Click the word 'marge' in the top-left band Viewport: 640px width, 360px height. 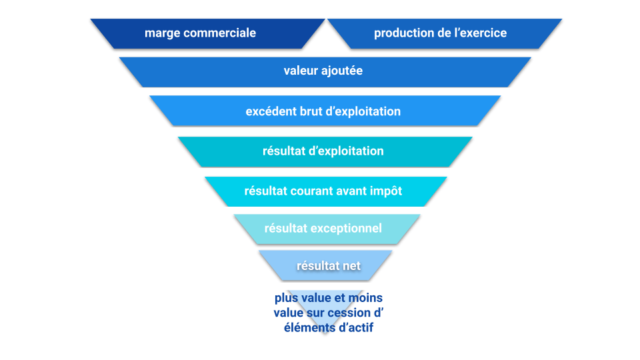161,33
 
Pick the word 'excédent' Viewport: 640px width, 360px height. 271,111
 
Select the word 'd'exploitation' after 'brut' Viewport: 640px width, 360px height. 363,111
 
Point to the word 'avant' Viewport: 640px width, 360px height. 355,191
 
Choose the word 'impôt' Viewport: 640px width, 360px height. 387,191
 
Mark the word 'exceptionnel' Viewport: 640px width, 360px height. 347,229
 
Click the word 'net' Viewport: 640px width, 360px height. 351,266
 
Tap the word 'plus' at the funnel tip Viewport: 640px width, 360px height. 287,298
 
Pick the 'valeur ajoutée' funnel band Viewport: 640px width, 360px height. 200,71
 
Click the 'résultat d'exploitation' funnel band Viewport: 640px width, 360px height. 220,151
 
